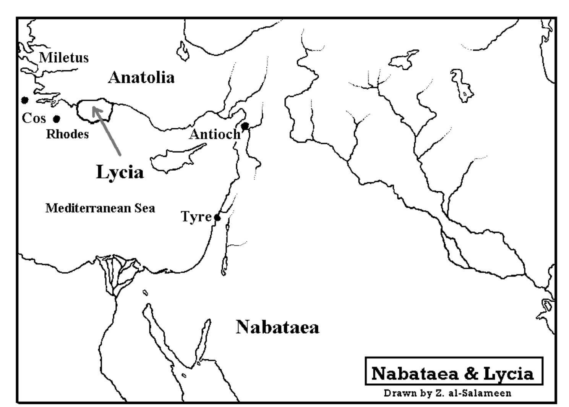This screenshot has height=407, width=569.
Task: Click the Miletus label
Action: pos(64,58)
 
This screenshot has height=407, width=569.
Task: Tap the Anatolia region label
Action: pos(141,78)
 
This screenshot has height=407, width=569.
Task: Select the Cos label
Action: pos(34,118)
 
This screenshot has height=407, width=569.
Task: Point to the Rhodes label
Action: pos(67,134)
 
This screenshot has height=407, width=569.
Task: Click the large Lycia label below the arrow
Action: pos(120,172)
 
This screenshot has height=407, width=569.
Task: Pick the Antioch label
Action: pos(215,134)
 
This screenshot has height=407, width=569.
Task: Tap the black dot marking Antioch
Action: pos(245,126)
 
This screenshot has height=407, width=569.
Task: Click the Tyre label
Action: pos(196,217)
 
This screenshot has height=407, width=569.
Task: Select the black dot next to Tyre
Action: pos(217,218)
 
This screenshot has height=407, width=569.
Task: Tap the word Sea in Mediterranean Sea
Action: pos(144,208)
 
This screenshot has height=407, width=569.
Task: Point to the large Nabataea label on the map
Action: pos(277,327)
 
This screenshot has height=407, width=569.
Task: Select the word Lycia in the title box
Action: pos(509,373)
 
